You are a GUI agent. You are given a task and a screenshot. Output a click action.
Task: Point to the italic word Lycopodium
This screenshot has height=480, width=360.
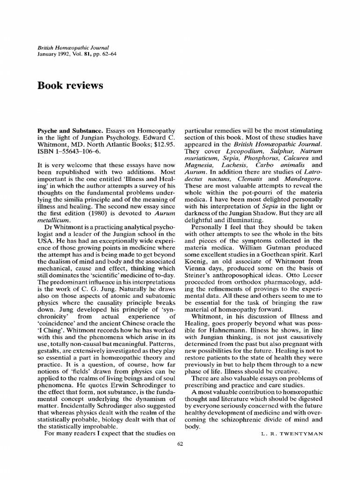tap(244, 151)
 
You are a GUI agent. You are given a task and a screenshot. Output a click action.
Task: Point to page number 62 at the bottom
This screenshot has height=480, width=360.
tap(180, 445)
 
